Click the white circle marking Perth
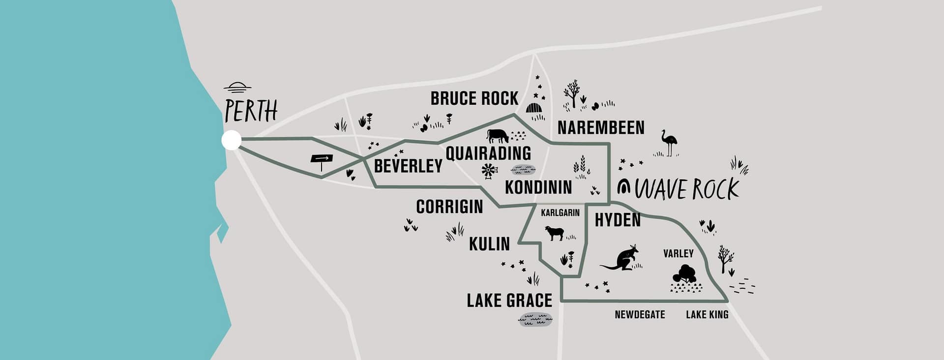point(232,140)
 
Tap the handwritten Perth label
point(251,111)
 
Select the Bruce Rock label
point(474,98)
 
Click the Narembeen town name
point(601,128)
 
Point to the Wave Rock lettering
point(687,189)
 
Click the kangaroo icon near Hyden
point(621,258)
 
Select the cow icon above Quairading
point(498,135)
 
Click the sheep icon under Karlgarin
point(556,233)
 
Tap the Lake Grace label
point(509,300)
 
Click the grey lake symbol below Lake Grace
point(535,320)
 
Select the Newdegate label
point(640,315)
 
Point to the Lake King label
point(707,315)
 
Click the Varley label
point(678,254)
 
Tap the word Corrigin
point(449,207)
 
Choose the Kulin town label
point(489,243)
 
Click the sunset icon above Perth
point(237,88)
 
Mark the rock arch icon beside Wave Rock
point(624,187)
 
